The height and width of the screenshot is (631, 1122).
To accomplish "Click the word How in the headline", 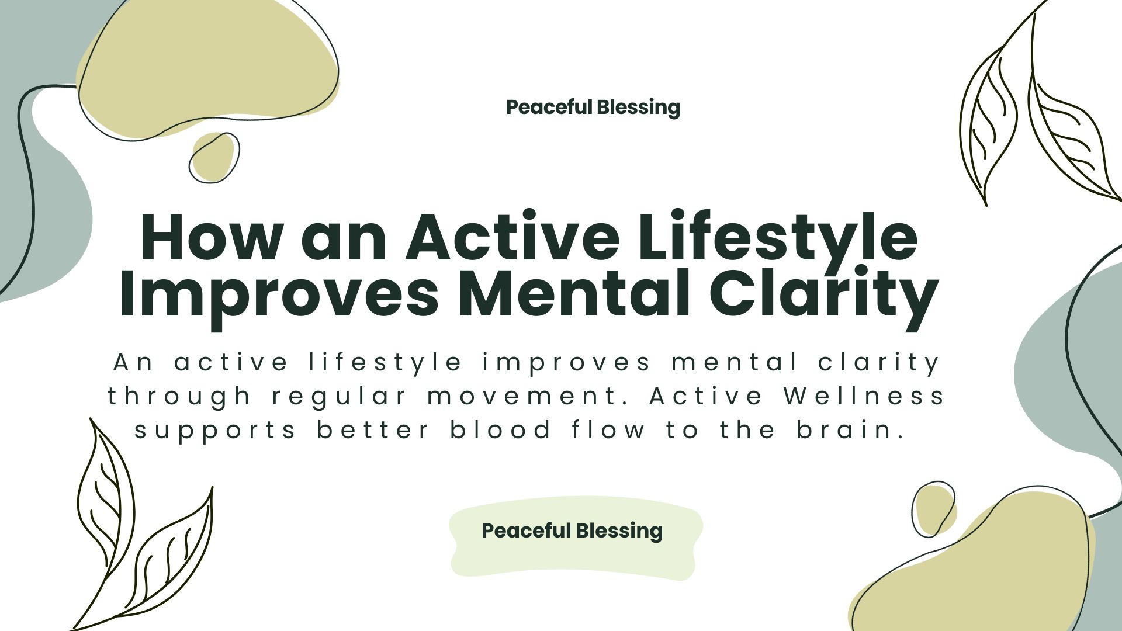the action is pyautogui.click(x=212, y=237).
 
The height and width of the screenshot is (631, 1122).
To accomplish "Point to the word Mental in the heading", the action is pyautogui.click(x=574, y=292).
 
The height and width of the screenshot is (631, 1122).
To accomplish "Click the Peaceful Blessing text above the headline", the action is pyautogui.click(x=593, y=108).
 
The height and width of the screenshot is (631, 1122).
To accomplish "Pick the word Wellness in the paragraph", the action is pyautogui.click(x=864, y=396).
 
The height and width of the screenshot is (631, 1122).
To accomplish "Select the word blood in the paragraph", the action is pyautogui.click(x=500, y=430).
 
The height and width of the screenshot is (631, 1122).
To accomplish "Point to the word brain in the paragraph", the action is pyautogui.click(x=851, y=430).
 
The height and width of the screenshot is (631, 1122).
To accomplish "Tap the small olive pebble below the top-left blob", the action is pyautogui.click(x=213, y=157).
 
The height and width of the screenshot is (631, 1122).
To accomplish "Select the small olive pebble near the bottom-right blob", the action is pyautogui.click(x=934, y=508).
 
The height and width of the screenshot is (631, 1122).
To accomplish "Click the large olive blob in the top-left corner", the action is pyautogui.click(x=208, y=67).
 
